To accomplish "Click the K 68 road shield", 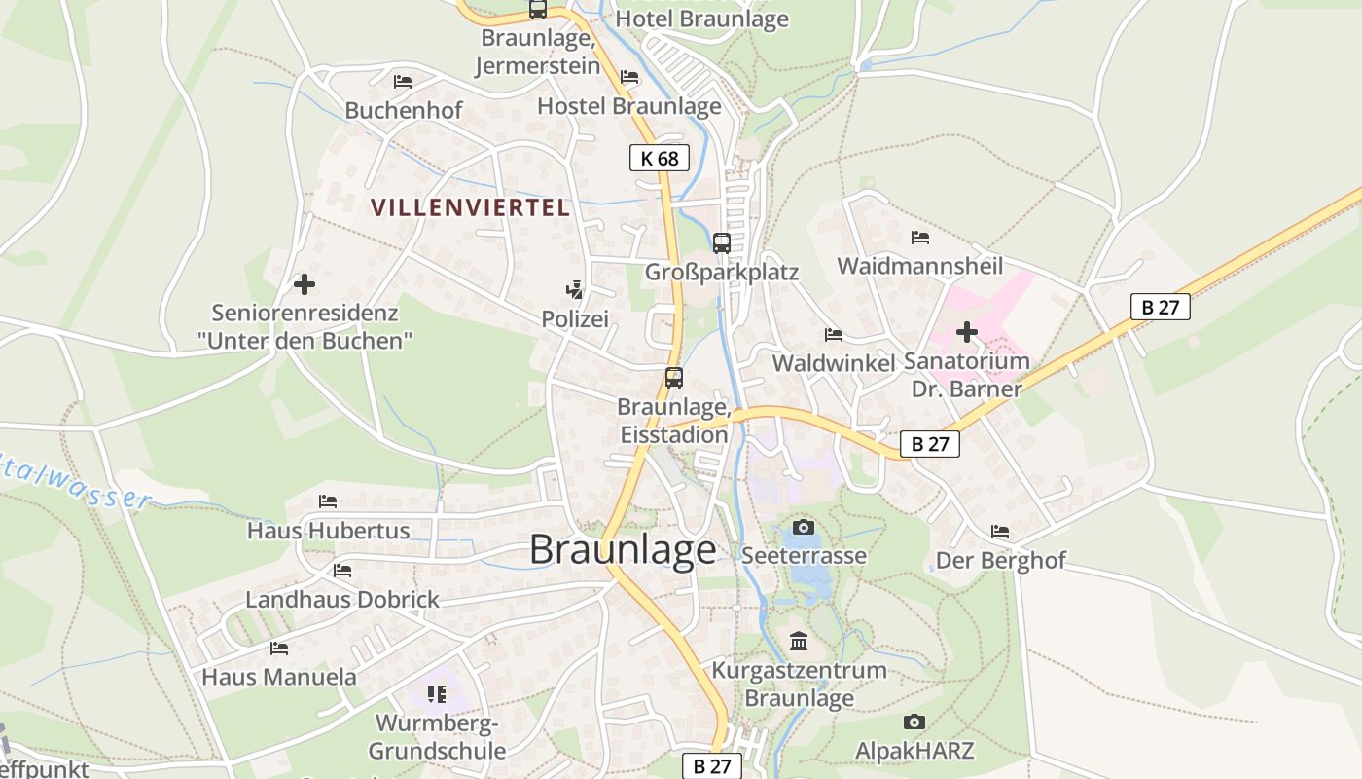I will (x=660, y=158).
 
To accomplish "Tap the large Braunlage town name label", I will (x=623, y=550).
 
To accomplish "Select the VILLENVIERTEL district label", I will (x=470, y=207).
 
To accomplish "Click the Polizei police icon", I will (x=574, y=289).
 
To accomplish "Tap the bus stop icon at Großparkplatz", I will (x=721, y=242).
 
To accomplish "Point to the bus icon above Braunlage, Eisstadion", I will (x=673, y=378).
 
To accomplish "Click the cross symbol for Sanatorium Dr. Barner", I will (x=966, y=332).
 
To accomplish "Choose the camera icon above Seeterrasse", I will (x=804, y=527).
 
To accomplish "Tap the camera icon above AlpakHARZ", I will (x=914, y=722).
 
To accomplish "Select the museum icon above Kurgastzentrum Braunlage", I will (x=799, y=641).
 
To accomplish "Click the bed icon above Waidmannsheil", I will (x=919, y=238).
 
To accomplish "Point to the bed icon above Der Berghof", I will (x=999, y=532).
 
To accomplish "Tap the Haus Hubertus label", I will (x=328, y=531).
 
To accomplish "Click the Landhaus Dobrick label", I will (x=342, y=599).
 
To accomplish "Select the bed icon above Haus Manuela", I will (x=279, y=648).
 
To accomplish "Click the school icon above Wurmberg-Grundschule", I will (x=437, y=694).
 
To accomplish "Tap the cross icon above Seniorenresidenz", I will (x=305, y=284).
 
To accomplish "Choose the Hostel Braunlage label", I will (x=629, y=105).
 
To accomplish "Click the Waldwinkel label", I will (x=833, y=363).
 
